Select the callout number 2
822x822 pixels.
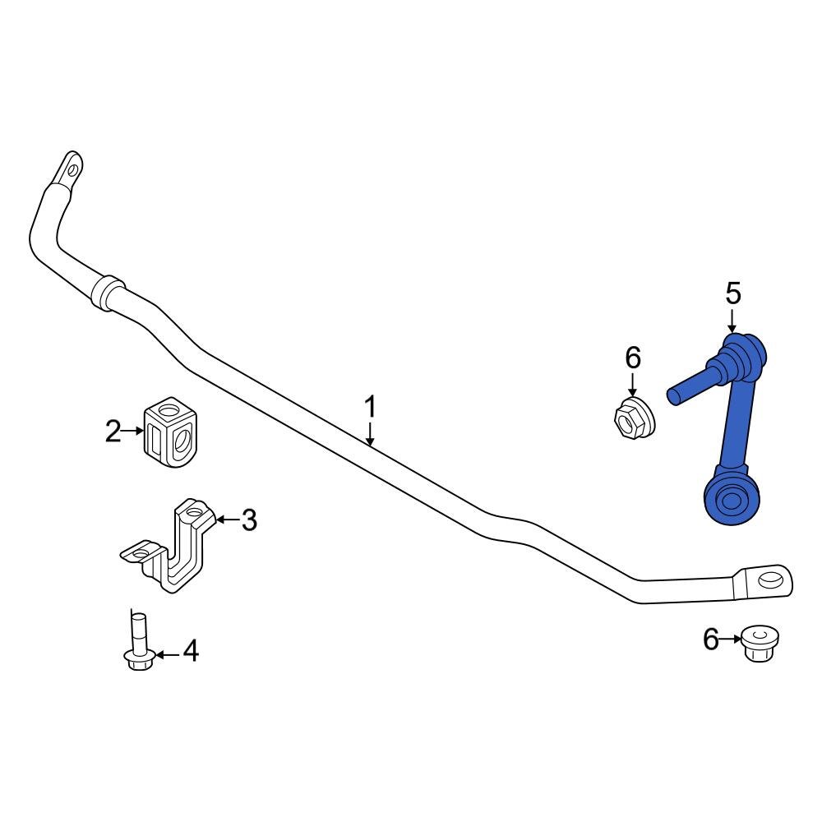click(113, 431)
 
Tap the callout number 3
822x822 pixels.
click(248, 520)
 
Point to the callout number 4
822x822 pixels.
click(190, 652)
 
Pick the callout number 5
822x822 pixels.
click(732, 293)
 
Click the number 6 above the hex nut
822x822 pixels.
click(632, 358)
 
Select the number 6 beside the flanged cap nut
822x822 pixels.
click(711, 639)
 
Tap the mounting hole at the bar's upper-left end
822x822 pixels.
click(73, 170)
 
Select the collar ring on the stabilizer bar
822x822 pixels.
click(106, 293)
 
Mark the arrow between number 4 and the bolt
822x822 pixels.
click(167, 654)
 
